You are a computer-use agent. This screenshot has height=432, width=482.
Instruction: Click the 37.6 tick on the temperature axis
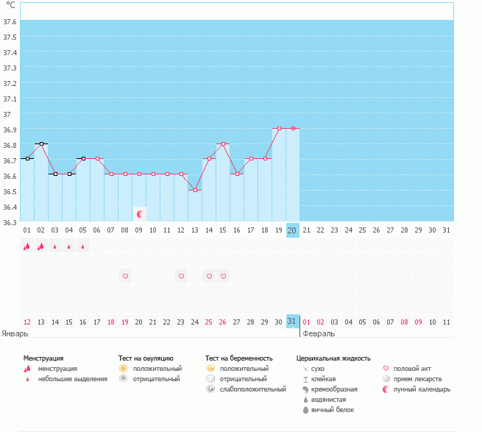click(10, 21)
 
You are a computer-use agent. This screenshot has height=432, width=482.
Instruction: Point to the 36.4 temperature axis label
click(10, 207)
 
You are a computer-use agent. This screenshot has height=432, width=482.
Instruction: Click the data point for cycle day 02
click(41, 144)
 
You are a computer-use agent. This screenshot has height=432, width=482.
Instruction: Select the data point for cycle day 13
click(195, 191)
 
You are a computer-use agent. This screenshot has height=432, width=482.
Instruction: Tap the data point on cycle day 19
click(279, 128)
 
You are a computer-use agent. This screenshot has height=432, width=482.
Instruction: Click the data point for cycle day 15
click(223, 144)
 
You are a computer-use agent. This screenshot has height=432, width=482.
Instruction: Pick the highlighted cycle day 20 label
click(292, 230)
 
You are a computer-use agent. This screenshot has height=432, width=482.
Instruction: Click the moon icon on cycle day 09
click(140, 214)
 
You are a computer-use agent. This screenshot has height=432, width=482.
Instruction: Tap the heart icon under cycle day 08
click(125, 276)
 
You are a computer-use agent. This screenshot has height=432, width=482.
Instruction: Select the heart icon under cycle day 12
click(181, 276)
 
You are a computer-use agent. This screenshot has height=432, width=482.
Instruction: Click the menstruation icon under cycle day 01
click(27, 246)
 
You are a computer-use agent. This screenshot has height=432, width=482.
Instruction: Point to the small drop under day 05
click(82, 247)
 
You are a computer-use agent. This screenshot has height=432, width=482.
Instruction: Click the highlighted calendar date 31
click(292, 322)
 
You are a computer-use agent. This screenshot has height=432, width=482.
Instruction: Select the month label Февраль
click(319, 333)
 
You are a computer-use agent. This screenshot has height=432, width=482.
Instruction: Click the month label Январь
click(15, 333)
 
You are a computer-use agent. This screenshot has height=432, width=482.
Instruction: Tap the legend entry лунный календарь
click(422, 389)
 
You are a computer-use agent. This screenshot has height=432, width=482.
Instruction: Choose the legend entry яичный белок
click(333, 410)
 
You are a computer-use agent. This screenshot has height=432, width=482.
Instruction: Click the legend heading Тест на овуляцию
click(146, 358)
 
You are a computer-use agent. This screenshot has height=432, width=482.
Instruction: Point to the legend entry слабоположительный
click(252, 389)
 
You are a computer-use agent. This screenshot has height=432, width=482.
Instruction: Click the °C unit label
click(10, 5)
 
